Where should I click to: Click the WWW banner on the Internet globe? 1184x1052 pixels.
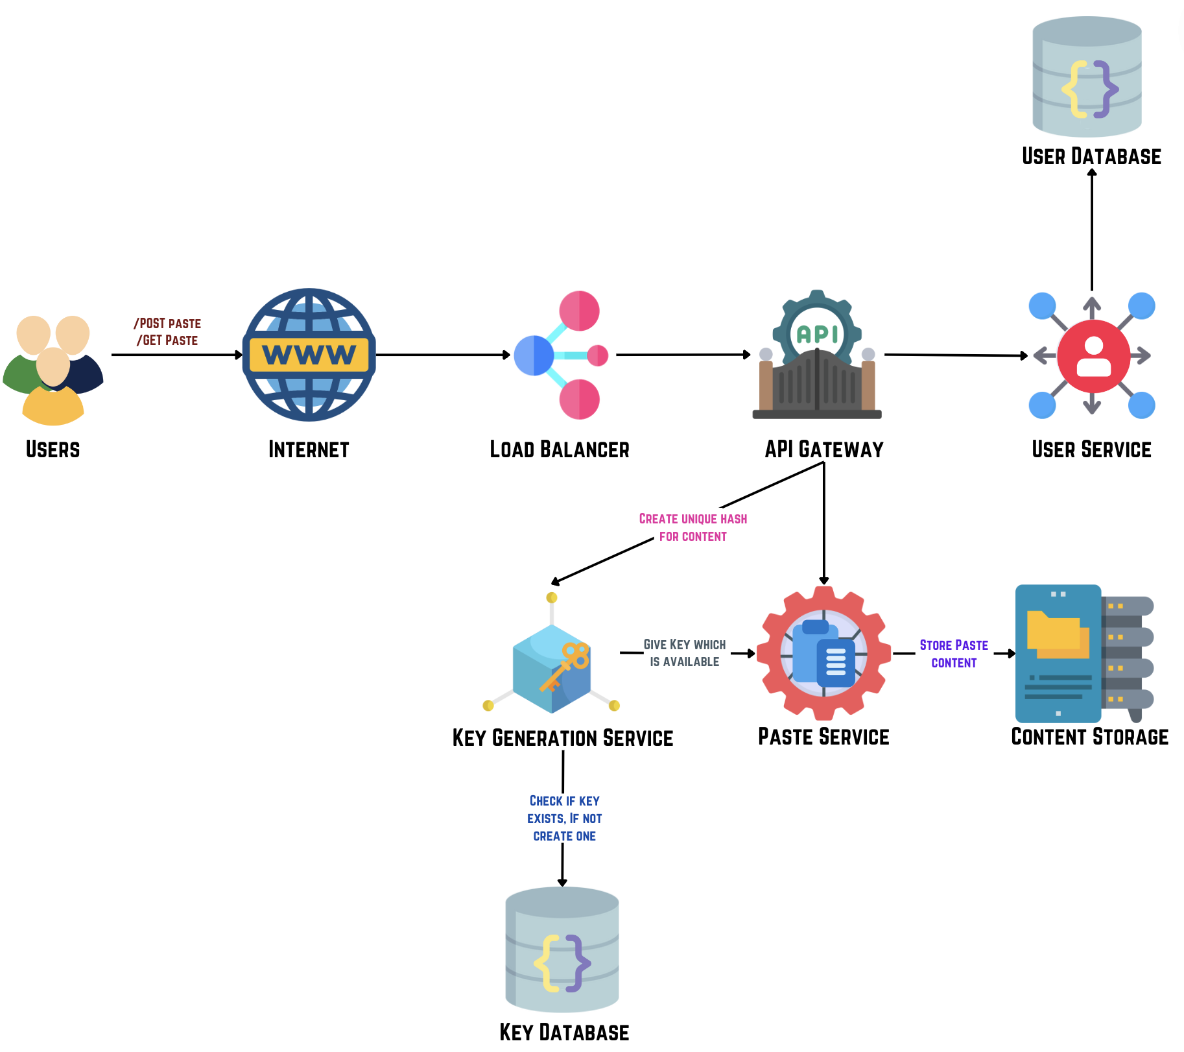coord(309,355)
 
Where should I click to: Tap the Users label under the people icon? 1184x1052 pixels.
coord(53,449)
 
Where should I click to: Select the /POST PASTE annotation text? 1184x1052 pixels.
coord(167,324)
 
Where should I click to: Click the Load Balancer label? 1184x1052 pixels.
coord(559,449)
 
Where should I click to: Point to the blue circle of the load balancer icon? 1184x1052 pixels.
coord(533,355)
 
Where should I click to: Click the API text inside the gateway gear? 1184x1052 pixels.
coord(817,335)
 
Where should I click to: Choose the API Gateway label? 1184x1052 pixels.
coord(823,449)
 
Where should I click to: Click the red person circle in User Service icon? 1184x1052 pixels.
coord(1093,355)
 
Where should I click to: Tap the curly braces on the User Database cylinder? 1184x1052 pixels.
coord(1089,90)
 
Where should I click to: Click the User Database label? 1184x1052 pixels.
coord(1091,156)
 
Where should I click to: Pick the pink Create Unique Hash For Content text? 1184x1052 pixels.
coord(693,527)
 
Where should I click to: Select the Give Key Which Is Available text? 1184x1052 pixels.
coord(684,653)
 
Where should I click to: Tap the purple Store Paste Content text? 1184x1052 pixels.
coord(953,654)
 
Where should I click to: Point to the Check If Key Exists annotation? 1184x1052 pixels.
coord(564,819)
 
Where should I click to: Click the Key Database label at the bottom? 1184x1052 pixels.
coord(564,1032)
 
